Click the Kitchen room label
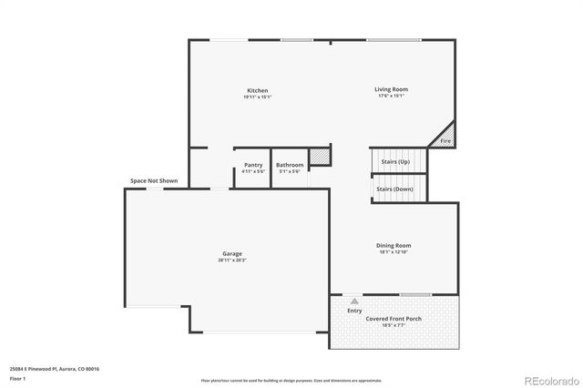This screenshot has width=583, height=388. [x=258, y=90]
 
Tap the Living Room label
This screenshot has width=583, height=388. [x=391, y=89]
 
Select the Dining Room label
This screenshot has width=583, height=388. [x=394, y=245]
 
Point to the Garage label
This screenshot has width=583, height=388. [x=232, y=253]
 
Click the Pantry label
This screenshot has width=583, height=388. [x=253, y=165]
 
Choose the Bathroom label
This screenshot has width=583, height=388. [x=290, y=165]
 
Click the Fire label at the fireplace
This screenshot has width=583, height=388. [x=445, y=141]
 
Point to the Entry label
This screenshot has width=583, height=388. [x=354, y=311]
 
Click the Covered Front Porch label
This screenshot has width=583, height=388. [x=394, y=319]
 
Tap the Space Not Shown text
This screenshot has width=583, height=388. [x=154, y=180]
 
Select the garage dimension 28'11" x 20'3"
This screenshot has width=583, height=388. [x=232, y=260]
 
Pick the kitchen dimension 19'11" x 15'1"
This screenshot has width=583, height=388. [x=258, y=97]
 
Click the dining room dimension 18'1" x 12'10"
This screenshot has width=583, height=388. [x=394, y=252]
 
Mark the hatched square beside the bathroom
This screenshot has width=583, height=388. [x=319, y=157]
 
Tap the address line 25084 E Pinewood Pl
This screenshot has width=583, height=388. [x=54, y=368]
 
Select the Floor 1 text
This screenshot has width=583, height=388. [x=17, y=377]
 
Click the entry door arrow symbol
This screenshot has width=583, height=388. [x=353, y=300]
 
